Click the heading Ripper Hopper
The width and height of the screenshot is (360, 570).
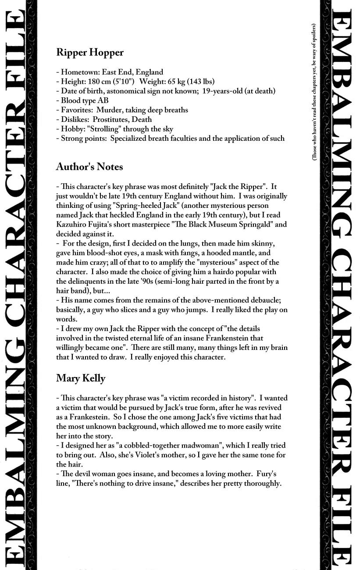coord(90,53)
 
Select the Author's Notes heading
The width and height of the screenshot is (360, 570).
coord(89,167)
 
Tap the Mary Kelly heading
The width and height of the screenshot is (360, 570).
coord(81,378)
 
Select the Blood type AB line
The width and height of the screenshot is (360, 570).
coord(82,100)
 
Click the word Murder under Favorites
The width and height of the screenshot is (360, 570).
coord(111,110)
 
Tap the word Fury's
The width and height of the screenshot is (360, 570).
coord(265,474)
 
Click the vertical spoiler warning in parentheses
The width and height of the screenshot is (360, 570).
coord(314,92)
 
